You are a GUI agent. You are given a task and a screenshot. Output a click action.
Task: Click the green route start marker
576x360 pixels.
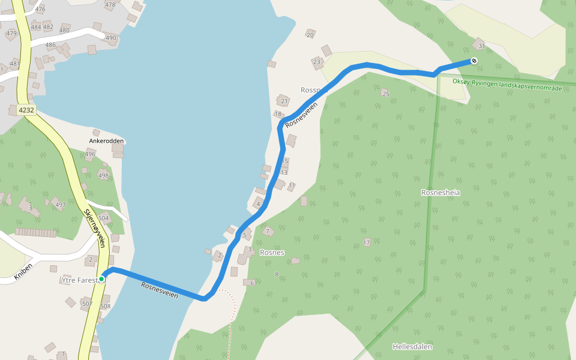click(x=102, y=278)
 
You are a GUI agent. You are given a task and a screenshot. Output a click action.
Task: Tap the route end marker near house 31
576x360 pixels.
click(x=474, y=60)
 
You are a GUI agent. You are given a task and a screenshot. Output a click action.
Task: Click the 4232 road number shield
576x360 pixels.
click(x=26, y=110)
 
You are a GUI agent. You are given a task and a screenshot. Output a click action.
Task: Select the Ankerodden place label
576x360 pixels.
click(x=106, y=141)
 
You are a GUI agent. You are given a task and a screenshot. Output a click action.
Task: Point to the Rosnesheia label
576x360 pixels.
click(x=440, y=193)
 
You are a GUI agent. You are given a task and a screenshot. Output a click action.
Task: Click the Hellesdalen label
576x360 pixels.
click(x=412, y=347)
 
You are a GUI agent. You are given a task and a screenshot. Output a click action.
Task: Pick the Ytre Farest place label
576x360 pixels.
click(x=79, y=280)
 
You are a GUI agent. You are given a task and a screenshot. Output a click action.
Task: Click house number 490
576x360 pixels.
click(x=111, y=38)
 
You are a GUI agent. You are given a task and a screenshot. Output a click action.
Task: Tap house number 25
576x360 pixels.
click(x=386, y=94)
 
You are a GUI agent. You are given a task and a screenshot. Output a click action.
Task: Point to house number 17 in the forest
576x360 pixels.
click(x=367, y=242)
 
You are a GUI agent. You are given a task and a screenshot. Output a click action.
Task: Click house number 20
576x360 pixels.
click(x=310, y=35)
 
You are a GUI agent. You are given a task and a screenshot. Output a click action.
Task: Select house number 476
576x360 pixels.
click(x=40, y=9)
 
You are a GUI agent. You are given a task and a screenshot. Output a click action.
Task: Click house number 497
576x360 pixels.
click(x=60, y=205)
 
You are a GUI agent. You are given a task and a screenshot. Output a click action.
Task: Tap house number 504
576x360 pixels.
click(x=104, y=218)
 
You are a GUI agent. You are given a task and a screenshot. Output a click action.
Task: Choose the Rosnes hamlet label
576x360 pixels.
click(x=272, y=253)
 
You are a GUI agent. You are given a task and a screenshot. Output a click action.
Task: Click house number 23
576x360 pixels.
click(x=317, y=61)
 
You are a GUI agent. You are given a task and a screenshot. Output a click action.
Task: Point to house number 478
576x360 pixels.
click(x=110, y=5)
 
